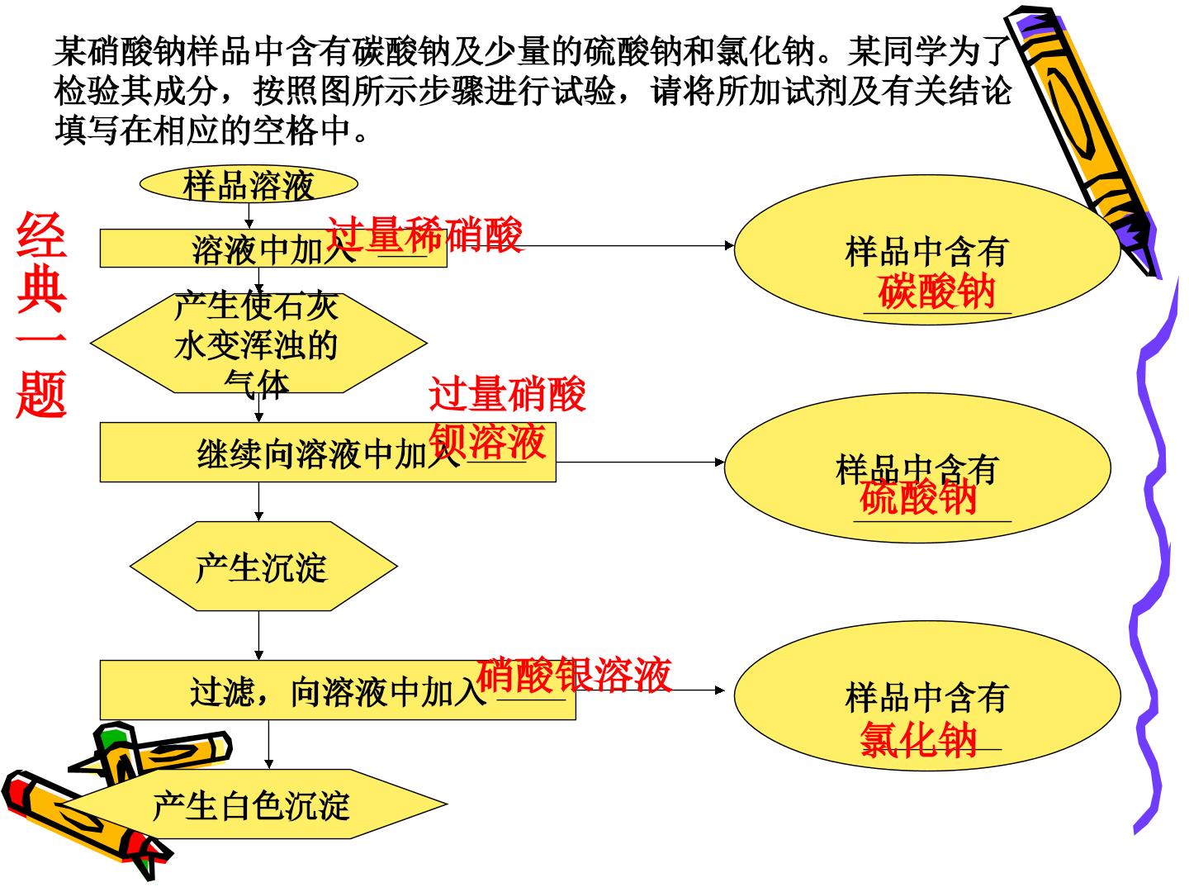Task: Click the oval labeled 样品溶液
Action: click(x=249, y=184)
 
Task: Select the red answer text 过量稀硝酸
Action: click(x=424, y=235)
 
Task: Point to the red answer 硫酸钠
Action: click(x=917, y=496)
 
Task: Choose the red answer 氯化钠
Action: click(x=919, y=739)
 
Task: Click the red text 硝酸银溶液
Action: click(x=574, y=674)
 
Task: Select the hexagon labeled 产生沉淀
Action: click(x=263, y=567)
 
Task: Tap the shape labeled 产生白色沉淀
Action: click(x=254, y=804)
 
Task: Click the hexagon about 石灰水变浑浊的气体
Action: click(x=258, y=343)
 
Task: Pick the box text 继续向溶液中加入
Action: click(x=329, y=454)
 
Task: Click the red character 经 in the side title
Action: click(x=42, y=235)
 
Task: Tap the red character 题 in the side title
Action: click(x=42, y=394)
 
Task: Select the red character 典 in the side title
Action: click(x=42, y=288)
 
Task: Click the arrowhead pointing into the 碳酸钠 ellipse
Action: click(x=729, y=246)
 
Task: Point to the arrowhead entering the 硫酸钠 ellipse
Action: click(x=720, y=463)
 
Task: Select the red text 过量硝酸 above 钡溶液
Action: click(x=508, y=394)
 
